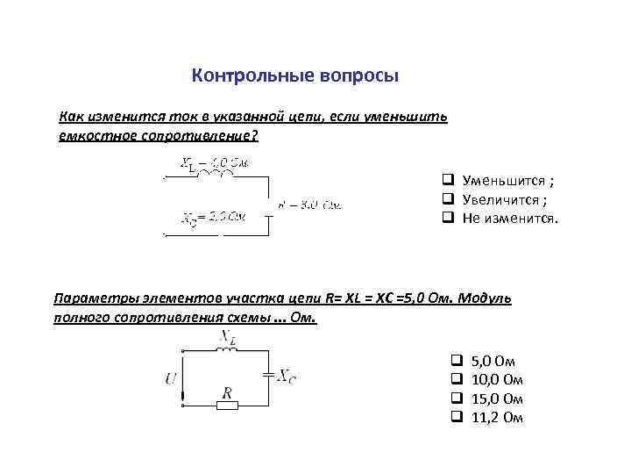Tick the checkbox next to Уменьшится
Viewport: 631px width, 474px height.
click(447, 181)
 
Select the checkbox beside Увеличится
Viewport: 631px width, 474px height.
click(447, 199)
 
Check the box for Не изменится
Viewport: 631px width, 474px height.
click(447, 217)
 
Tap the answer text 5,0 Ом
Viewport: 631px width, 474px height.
click(493, 361)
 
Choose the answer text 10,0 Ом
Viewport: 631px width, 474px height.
click(497, 379)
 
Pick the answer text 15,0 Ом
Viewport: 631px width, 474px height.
click(497, 399)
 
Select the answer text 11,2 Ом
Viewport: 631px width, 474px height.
click(497, 417)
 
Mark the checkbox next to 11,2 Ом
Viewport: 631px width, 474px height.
click(456, 417)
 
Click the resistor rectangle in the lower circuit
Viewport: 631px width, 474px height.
click(226, 406)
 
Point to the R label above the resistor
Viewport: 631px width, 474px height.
click(226, 391)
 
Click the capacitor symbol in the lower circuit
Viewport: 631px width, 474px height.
click(267, 376)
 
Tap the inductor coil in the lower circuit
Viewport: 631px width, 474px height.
click(227, 348)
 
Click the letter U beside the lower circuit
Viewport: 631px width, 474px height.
click(169, 378)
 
